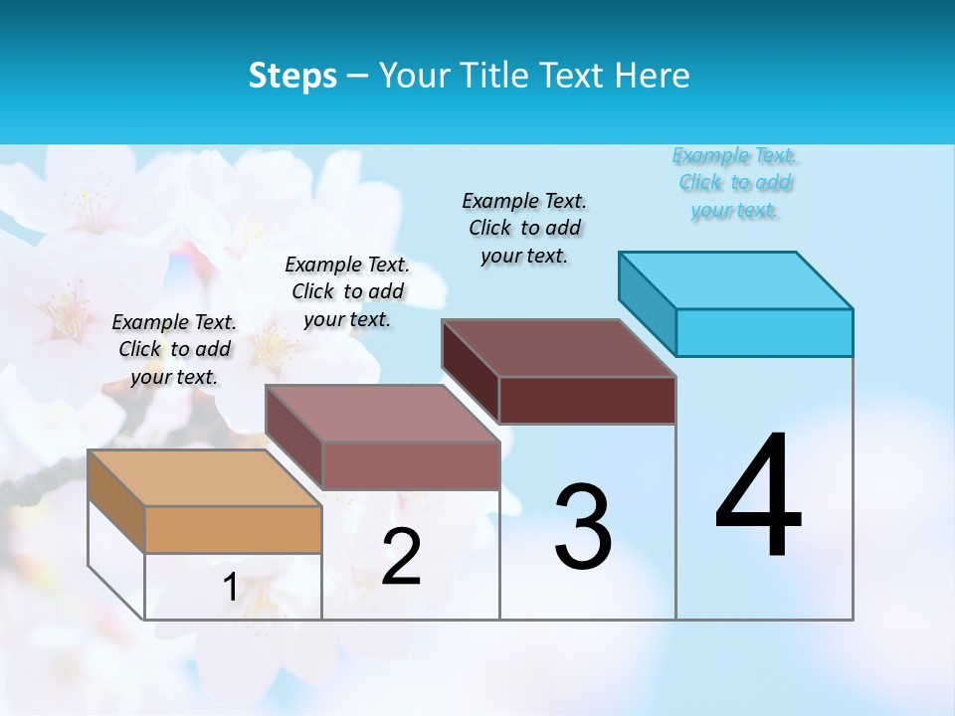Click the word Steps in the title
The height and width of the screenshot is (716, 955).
(292, 76)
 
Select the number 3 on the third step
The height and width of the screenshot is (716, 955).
(583, 527)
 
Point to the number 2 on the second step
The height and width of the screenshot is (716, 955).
(401, 557)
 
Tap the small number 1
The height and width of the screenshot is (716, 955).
(230, 587)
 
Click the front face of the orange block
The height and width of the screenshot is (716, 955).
(233, 529)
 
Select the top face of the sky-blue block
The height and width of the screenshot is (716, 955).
(736, 279)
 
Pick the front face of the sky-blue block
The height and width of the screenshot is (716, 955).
(764, 332)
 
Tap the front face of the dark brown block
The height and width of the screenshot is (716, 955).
(587, 400)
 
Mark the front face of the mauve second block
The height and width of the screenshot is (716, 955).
(410, 465)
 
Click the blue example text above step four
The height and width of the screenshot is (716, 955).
(734, 182)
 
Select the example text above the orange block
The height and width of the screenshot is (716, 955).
(174, 349)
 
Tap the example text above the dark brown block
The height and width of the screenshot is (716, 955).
(524, 228)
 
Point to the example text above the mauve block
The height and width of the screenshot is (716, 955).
(347, 291)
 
